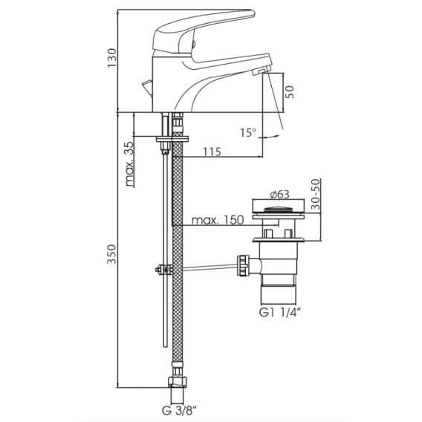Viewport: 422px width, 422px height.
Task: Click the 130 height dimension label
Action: coord(112,58)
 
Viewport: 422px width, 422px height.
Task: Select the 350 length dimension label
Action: coord(112,254)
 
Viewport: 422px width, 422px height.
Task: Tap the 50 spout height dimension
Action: coord(289,92)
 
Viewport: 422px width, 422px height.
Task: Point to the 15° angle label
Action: coord(248,132)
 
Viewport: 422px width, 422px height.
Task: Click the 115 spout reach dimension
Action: coord(212,152)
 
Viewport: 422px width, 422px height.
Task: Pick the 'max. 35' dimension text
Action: coord(129,164)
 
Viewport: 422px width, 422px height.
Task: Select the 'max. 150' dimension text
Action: coord(218,220)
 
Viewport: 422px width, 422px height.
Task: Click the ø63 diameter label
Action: coord(280,194)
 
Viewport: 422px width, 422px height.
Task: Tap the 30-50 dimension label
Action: coord(316,194)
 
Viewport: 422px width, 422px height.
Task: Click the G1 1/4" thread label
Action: coord(279,313)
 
